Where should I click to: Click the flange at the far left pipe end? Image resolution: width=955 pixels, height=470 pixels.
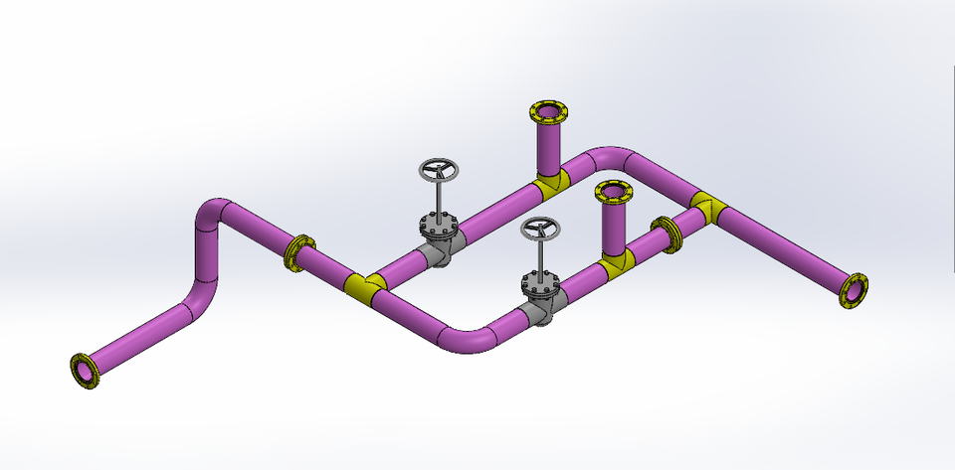click(87, 370)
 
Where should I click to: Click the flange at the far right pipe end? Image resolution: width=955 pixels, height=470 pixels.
click(854, 290)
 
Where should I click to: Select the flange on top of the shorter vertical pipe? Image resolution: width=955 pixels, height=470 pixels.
click(614, 191)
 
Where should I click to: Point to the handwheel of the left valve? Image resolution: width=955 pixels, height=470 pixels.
click(437, 170)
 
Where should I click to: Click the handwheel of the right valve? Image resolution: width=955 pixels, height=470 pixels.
click(541, 230)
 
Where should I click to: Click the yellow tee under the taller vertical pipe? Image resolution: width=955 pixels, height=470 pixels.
click(548, 182)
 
